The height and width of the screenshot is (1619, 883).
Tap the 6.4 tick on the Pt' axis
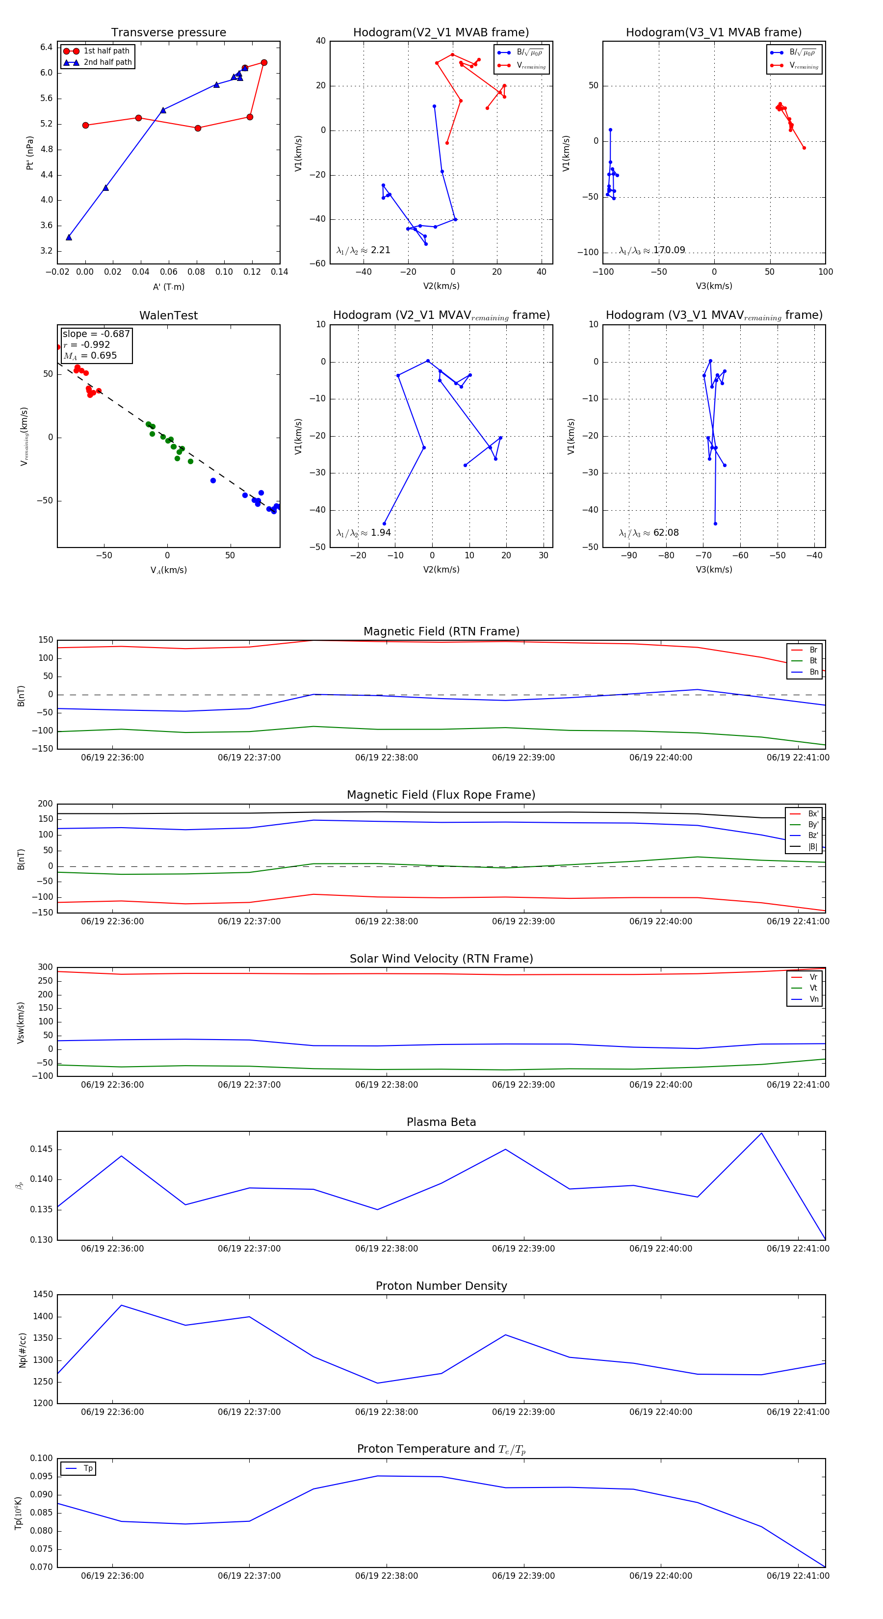pos(47,47)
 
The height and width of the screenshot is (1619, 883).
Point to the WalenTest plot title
pos(168,315)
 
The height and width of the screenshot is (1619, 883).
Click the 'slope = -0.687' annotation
pos(96,334)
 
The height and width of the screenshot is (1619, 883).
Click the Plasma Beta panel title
pos(441,1123)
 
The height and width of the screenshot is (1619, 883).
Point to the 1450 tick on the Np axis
pos(43,1295)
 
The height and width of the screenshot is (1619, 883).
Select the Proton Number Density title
pos(441,1286)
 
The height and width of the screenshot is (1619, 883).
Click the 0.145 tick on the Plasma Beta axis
pos(42,1149)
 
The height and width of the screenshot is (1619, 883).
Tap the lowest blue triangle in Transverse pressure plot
pos(69,237)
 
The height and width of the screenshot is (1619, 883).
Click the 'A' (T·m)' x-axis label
pos(168,287)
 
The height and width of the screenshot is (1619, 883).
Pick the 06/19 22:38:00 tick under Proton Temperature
pos(386,1576)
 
